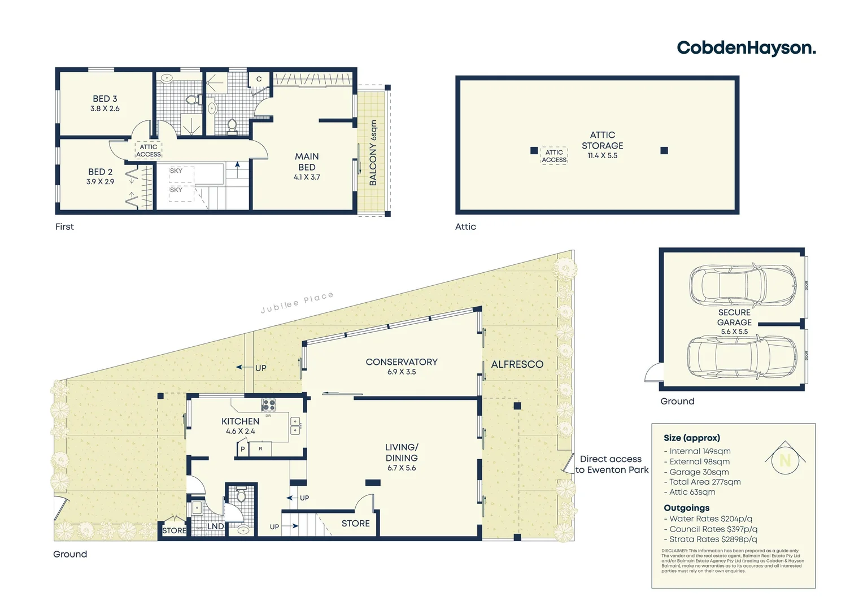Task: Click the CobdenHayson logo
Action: point(746,48)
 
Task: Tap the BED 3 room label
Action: point(105,99)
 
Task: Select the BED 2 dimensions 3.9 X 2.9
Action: point(101,182)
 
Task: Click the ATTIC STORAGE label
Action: point(603,140)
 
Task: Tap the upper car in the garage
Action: point(742,286)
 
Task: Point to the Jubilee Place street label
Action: point(297,302)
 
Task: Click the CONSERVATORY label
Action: point(402,362)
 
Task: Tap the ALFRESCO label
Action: point(517,365)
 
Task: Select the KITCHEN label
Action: point(241,421)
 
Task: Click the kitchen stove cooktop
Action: point(268,405)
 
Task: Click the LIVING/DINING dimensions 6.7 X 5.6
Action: point(402,468)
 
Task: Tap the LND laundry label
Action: point(216,526)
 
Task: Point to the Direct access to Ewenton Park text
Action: point(611,464)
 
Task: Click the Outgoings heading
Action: point(686,508)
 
